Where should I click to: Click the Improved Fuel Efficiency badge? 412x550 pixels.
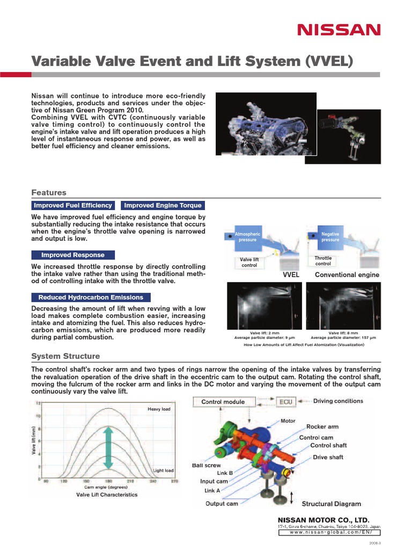click(73, 205)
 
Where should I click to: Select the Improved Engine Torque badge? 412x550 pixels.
click(163, 205)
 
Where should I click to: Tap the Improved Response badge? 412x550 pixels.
click(73, 255)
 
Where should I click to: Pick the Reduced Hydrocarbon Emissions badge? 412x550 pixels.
click(91, 297)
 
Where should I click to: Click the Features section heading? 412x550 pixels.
click(49, 192)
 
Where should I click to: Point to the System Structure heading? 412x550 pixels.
click(65, 356)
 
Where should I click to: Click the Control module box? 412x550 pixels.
click(223, 402)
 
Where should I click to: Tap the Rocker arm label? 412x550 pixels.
click(322, 426)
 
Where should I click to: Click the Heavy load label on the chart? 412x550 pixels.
click(158, 409)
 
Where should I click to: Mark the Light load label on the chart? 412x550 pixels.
click(163, 471)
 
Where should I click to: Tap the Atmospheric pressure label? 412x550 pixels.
click(247, 237)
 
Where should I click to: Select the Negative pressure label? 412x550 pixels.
click(330, 237)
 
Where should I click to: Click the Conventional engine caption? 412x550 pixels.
click(347, 274)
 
